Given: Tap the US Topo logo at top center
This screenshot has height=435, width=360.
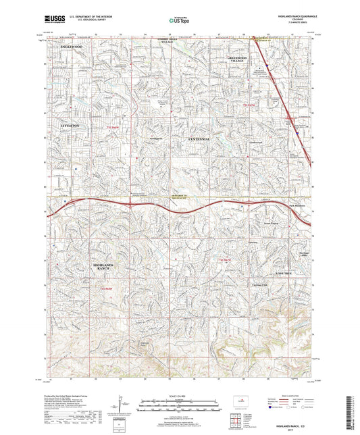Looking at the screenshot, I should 180,21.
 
